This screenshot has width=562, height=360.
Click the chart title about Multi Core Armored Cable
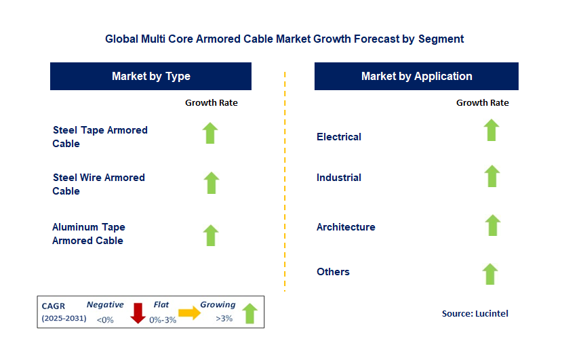pos(284,39)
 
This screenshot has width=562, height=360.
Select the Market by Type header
pos(150,76)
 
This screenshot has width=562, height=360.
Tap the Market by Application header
pos(416,76)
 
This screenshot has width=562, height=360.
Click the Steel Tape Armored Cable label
pos(100,136)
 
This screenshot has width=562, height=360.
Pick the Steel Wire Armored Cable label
pos(98,184)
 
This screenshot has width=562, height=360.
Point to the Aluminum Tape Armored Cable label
pos(88,233)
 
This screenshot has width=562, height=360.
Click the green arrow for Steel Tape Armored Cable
pos(211,133)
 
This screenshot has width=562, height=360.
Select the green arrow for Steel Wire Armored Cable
pos(212,182)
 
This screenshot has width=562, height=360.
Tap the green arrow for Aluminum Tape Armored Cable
pos(211,235)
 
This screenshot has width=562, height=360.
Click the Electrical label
pos(339,136)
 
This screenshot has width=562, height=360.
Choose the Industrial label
pos(339,178)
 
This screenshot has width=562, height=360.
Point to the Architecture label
pos(346,227)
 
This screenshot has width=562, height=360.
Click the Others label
pos(333,272)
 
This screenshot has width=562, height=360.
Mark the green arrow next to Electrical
pos(491,130)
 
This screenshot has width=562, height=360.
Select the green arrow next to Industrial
pos(492,176)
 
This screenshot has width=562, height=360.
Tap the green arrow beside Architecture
pos(493,225)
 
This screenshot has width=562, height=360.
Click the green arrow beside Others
pos(490,274)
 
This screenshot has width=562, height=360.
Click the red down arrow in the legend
pos(138,313)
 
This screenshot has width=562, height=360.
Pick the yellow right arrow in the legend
pos(190,313)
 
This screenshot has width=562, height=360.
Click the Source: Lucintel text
pos(475,313)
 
